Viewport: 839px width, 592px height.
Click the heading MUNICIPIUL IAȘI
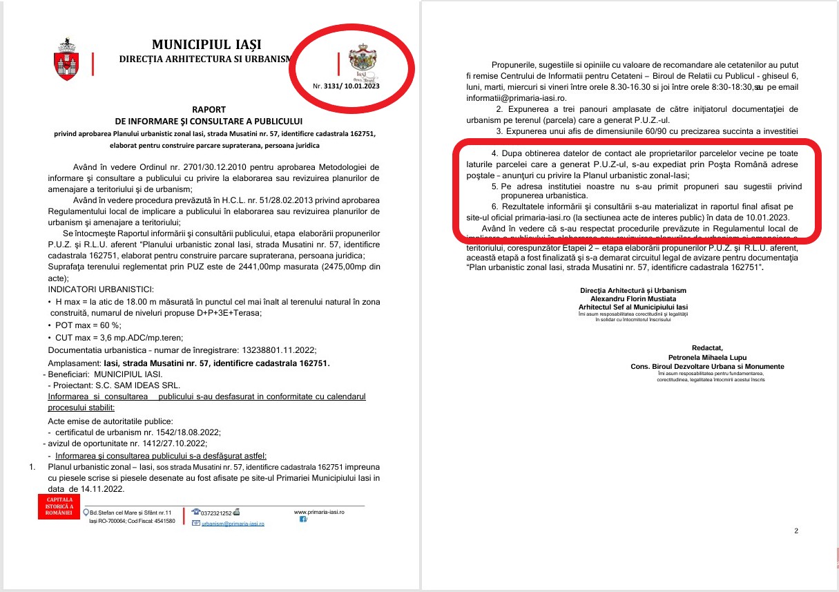pyautogui.click(x=206, y=45)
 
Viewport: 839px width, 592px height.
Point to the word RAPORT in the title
pyautogui.click(x=209, y=109)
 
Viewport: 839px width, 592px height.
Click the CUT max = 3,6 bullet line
pyautogui.click(x=115, y=337)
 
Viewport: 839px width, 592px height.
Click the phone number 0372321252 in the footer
pyautogui.click(x=216, y=513)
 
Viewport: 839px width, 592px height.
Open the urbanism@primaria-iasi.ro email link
pyautogui.click(x=233, y=524)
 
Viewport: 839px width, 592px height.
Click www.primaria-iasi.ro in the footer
pyautogui.click(x=319, y=512)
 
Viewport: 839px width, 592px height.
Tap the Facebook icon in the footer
pyautogui.click(x=302, y=519)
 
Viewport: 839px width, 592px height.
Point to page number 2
pyautogui.click(x=796, y=531)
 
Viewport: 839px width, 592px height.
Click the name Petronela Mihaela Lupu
pyautogui.click(x=706, y=357)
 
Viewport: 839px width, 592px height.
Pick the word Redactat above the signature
pyautogui.click(x=706, y=347)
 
